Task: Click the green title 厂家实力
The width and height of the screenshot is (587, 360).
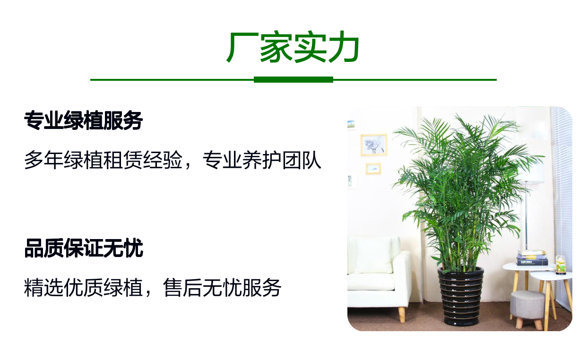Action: (x=293, y=47)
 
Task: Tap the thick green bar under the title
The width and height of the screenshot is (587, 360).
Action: (x=293, y=80)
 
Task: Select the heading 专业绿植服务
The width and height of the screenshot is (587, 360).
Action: (x=84, y=120)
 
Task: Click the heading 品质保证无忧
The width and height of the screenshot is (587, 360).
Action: (x=84, y=248)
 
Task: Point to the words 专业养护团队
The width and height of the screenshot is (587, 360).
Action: (x=262, y=160)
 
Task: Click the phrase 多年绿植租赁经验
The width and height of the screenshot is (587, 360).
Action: (x=103, y=160)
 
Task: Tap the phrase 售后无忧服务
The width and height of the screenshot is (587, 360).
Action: (x=222, y=288)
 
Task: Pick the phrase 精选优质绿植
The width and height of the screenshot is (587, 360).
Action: (x=83, y=288)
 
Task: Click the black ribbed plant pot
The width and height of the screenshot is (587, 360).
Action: (x=461, y=296)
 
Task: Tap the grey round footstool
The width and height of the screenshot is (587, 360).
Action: (x=528, y=309)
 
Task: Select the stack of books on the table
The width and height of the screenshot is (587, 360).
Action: (x=532, y=257)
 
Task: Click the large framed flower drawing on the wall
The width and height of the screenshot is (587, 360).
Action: (x=374, y=145)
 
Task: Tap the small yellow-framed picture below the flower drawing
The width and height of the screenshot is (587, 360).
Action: (x=373, y=169)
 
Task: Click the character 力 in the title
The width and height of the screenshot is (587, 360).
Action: (x=344, y=47)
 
